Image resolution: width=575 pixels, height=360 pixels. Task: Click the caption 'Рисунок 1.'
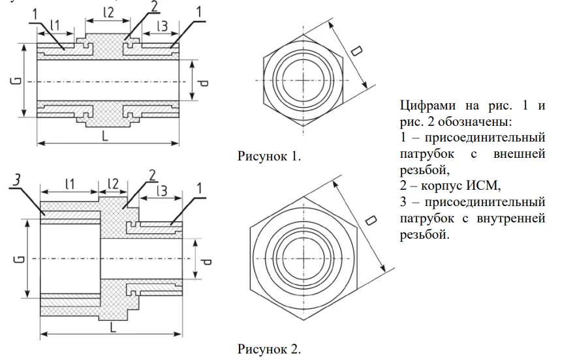click(271, 156)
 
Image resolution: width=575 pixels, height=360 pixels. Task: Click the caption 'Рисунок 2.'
click(270, 348)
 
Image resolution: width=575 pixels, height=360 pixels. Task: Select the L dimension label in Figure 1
click(104, 135)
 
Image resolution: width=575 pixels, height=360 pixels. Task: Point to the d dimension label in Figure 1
click(204, 82)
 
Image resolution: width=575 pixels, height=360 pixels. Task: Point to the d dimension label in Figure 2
click(206, 262)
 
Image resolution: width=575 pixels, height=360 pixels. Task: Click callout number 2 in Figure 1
click(154, 7)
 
